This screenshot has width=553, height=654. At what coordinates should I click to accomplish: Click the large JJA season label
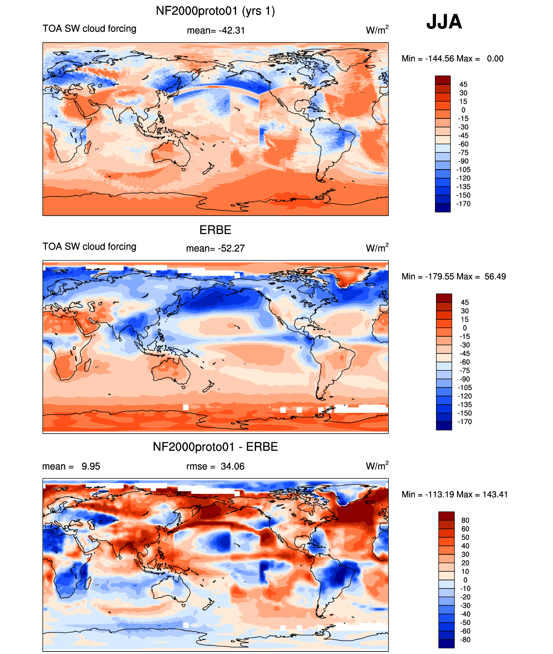tap(444, 22)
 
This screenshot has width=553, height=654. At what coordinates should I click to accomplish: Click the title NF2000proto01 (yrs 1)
tap(215, 11)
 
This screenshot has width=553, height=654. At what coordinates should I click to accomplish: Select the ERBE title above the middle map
tap(215, 230)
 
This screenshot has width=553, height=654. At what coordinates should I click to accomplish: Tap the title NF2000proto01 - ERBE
tap(215, 447)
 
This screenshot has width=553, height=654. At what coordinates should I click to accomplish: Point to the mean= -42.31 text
tap(216, 31)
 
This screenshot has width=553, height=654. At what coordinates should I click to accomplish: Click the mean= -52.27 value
tap(215, 248)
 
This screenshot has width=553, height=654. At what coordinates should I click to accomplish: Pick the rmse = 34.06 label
tap(215, 466)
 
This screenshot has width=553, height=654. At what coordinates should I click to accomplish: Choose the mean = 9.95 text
tap(71, 466)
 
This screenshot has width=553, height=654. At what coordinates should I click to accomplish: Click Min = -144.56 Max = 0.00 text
tap(452, 59)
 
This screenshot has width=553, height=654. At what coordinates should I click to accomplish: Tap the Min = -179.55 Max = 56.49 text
tap(454, 276)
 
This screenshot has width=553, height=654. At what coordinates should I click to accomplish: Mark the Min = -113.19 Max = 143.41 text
tap(455, 494)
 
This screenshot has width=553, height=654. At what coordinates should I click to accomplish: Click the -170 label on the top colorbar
tap(463, 204)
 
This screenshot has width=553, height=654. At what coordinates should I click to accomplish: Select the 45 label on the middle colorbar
tap(464, 303)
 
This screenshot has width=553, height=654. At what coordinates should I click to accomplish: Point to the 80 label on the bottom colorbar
tap(465, 521)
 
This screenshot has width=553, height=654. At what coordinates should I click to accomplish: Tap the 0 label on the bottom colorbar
tap(465, 580)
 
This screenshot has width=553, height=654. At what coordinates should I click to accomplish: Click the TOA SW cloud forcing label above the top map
tap(90, 28)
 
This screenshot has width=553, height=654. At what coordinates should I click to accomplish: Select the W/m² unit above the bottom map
tap(377, 466)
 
